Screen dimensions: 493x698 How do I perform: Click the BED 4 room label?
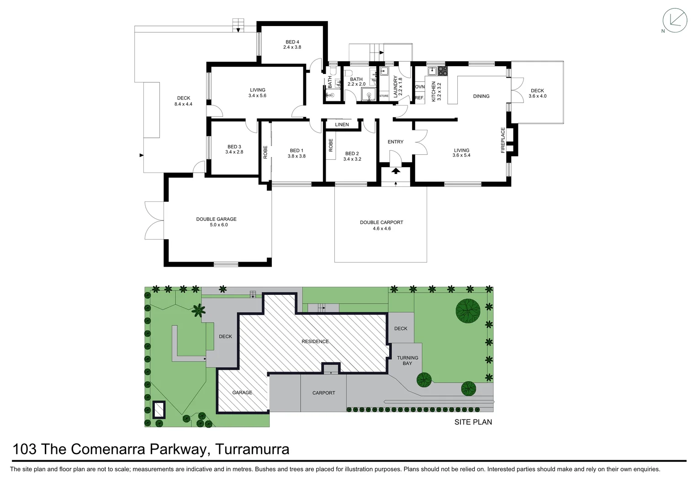292,42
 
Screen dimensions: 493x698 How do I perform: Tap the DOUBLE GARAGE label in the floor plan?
216,219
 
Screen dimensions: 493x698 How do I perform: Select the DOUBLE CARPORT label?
381,223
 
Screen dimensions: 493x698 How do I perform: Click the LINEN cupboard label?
342,125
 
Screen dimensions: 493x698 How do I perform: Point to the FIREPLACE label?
503,140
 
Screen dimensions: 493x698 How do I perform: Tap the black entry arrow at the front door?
396,171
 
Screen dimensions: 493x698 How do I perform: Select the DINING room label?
481,96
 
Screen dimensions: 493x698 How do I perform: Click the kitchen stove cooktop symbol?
443,71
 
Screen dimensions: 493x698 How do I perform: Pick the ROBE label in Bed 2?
331,145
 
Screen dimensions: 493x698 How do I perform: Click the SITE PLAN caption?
473,422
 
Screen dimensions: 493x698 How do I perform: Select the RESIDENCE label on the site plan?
315,341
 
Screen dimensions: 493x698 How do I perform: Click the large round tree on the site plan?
468,311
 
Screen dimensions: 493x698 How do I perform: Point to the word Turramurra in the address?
252,449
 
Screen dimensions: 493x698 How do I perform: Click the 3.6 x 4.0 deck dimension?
537,96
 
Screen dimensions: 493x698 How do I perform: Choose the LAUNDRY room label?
396,85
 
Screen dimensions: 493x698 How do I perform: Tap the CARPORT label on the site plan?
323,393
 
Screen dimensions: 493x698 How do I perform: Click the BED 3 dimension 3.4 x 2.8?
234,152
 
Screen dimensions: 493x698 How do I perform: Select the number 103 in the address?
25,449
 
